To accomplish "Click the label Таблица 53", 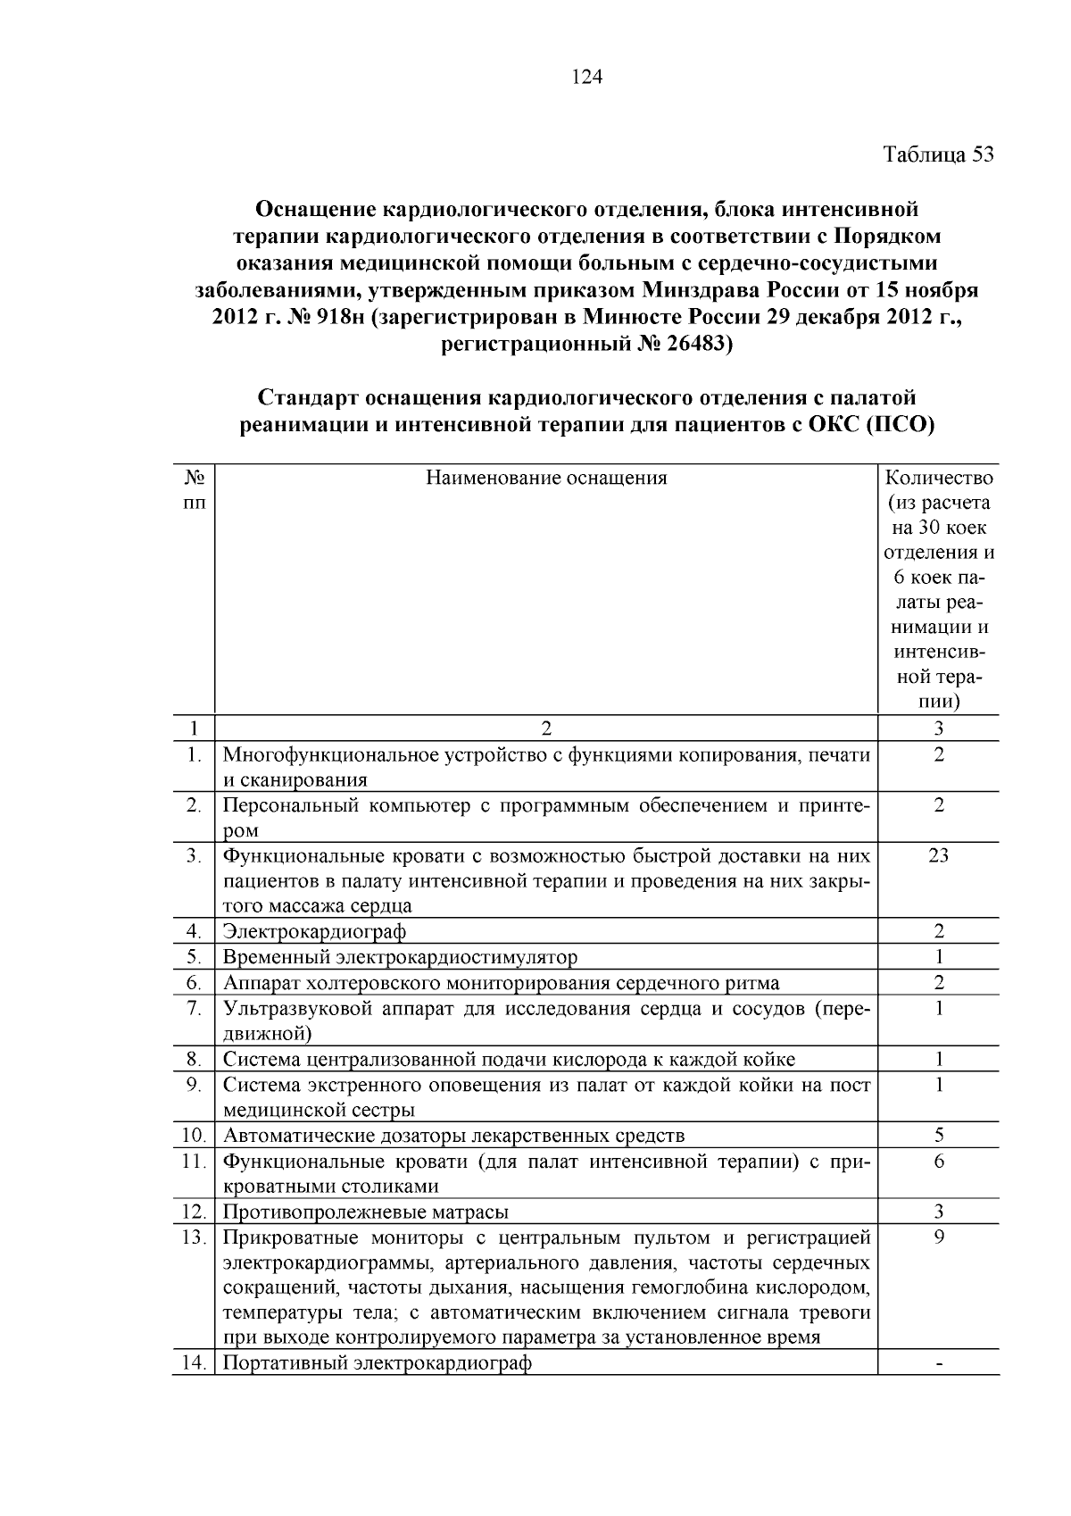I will (938, 154).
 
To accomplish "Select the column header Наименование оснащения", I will (546, 478).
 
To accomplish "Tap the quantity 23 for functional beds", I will (938, 855).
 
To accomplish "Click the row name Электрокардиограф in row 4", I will (314, 931).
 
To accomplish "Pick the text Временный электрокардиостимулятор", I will (400, 957).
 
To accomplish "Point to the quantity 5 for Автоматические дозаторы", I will (939, 1136).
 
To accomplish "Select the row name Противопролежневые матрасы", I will (365, 1212).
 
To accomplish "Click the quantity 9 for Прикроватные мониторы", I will (939, 1237).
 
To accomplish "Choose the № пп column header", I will (194, 489).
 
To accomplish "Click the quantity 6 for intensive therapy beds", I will (939, 1161).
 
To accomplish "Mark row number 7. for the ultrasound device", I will (194, 1008).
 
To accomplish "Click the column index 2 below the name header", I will (546, 728).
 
